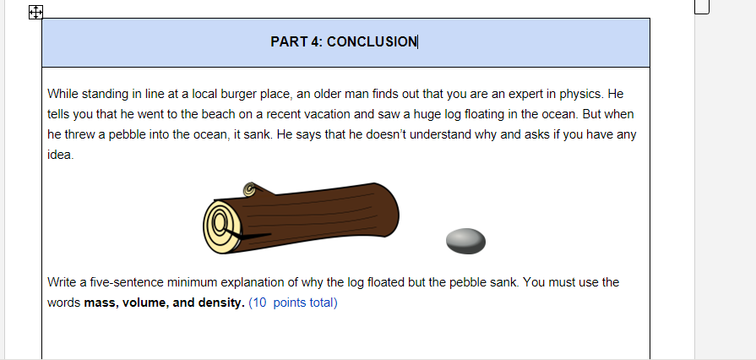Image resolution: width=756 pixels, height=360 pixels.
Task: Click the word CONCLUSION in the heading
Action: [372, 41]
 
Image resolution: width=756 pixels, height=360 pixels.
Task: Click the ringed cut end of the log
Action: [221, 226]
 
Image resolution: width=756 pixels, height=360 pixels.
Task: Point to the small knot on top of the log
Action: [249, 189]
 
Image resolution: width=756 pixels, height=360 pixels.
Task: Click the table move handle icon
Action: [35, 12]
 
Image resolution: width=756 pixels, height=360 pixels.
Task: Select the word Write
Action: [63, 282]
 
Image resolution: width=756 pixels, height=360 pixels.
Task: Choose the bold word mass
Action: [101, 303]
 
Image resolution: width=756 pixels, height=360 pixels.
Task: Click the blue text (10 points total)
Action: [292, 303]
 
